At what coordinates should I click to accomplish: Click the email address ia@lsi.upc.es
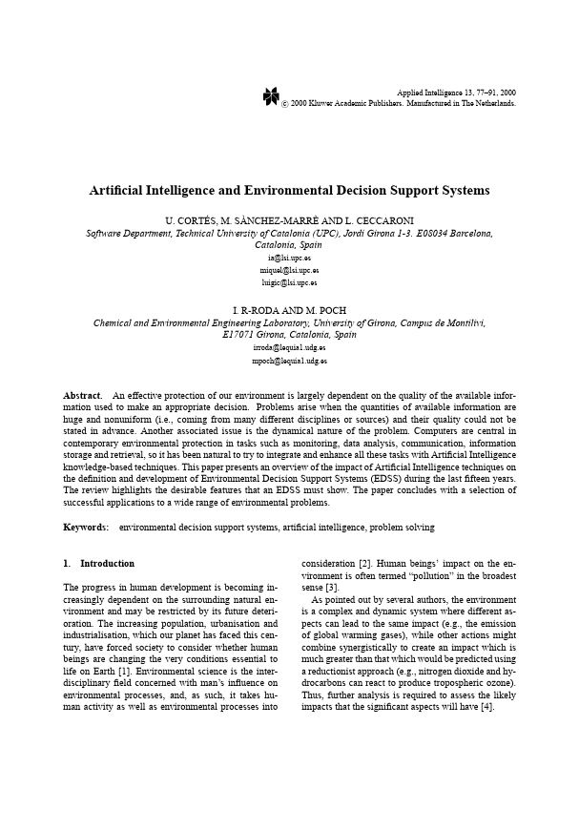click(x=289, y=258)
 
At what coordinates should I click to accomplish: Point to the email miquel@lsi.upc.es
click(x=289, y=270)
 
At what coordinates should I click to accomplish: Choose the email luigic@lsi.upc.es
click(x=289, y=282)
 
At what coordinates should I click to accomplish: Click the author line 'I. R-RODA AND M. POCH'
click(x=289, y=310)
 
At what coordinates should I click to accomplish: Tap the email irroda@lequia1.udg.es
click(x=289, y=348)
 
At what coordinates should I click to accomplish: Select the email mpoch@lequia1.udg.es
click(x=289, y=362)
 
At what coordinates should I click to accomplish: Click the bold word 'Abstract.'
click(x=83, y=395)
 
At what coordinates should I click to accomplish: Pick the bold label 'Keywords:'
click(x=86, y=527)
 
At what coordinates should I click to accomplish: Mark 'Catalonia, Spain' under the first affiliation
click(x=289, y=244)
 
